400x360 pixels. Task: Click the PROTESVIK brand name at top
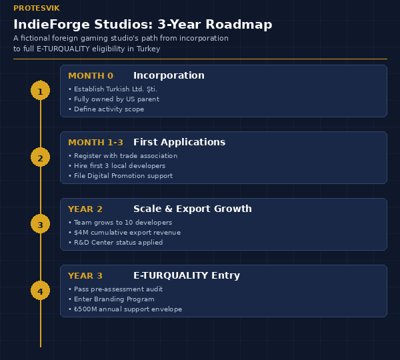[x=36, y=8]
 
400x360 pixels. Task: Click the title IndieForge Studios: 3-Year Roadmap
[x=143, y=25]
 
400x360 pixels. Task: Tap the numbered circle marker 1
[x=40, y=91]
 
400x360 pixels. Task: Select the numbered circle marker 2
[x=40, y=157]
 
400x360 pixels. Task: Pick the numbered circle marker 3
[x=40, y=224]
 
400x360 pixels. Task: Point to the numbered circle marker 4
[x=40, y=291]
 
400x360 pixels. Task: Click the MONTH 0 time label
[x=91, y=76]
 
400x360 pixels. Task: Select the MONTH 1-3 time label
[x=95, y=143]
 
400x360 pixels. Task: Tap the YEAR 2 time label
[x=85, y=209]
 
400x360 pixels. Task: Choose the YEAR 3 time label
[x=85, y=276]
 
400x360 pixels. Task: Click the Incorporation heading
[x=169, y=76]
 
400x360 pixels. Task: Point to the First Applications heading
[x=179, y=143]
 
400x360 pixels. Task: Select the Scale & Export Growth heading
[x=193, y=209]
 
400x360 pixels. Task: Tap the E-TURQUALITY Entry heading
[x=187, y=276]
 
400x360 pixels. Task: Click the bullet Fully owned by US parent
[x=114, y=99]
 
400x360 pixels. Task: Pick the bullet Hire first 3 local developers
[x=117, y=166]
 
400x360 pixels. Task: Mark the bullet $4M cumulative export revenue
[x=125, y=233]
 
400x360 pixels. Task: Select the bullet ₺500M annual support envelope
[x=125, y=309]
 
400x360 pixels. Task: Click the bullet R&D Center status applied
[x=116, y=243]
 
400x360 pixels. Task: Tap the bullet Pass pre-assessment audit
[x=116, y=289]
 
